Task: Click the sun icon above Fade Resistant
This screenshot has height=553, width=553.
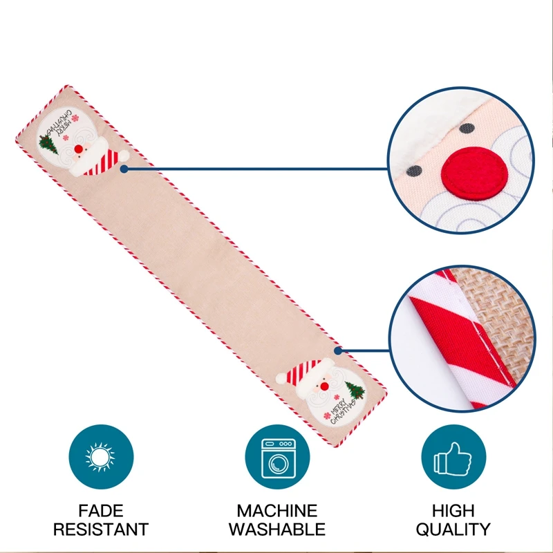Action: [100, 457]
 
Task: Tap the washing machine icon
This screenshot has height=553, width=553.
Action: [277, 457]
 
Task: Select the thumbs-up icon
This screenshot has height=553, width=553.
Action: [453, 457]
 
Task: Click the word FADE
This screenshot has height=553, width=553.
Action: [101, 512]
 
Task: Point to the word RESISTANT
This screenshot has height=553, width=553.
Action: [101, 530]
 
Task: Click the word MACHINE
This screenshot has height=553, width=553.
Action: [277, 512]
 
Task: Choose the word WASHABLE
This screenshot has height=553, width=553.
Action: [277, 530]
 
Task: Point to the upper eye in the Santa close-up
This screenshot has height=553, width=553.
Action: [468, 129]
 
